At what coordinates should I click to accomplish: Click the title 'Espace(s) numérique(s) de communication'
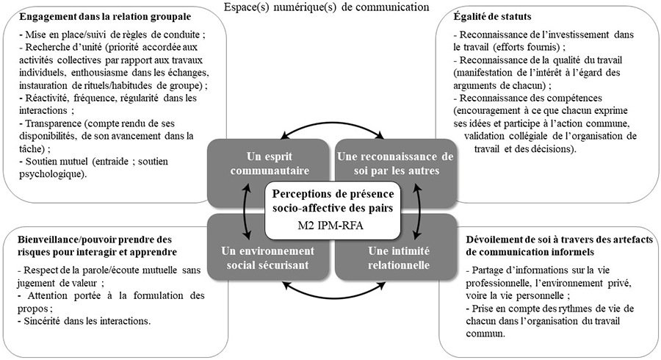click(x=326, y=7)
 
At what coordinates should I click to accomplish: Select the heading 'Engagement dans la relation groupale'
click(x=105, y=17)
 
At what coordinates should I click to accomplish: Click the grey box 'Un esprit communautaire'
click(x=270, y=164)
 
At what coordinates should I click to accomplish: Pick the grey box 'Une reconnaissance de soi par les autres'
click(x=395, y=164)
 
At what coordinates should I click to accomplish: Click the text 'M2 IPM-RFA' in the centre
click(x=333, y=225)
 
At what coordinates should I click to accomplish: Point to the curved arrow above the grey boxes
click(x=332, y=123)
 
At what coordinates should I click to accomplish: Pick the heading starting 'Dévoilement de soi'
click(x=560, y=246)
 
